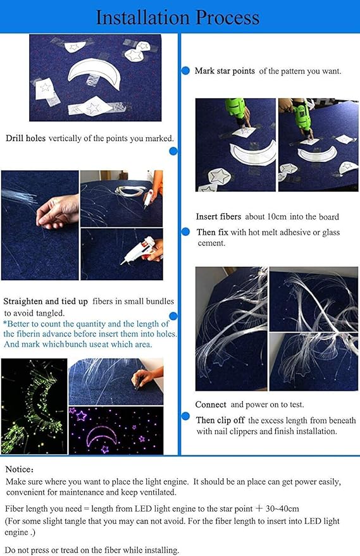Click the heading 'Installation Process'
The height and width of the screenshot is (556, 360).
(x=177, y=17)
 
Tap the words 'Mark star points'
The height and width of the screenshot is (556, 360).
(x=225, y=71)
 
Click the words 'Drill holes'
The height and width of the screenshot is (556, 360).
(x=25, y=138)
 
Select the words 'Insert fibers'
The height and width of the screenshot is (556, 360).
(x=218, y=217)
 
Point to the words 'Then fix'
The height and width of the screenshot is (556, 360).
(x=213, y=232)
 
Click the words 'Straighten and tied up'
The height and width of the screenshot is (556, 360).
(x=46, y=302)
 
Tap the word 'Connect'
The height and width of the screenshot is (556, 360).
(x=211, y=405)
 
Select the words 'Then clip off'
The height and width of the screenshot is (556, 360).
(x=220, y=420)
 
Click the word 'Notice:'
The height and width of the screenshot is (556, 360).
(x=20, y=469)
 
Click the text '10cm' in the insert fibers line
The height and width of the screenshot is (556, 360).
(x=276, y=217)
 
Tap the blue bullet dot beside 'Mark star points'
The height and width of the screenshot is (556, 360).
(x=185, y=71)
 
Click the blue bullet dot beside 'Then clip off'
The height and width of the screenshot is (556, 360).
(x=185, y=416)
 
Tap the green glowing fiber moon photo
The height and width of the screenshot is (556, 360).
(x=34, y=406)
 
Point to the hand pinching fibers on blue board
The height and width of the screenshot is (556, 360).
(x=58, y=212)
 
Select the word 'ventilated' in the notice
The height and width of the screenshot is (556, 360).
(x=156, y=492)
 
